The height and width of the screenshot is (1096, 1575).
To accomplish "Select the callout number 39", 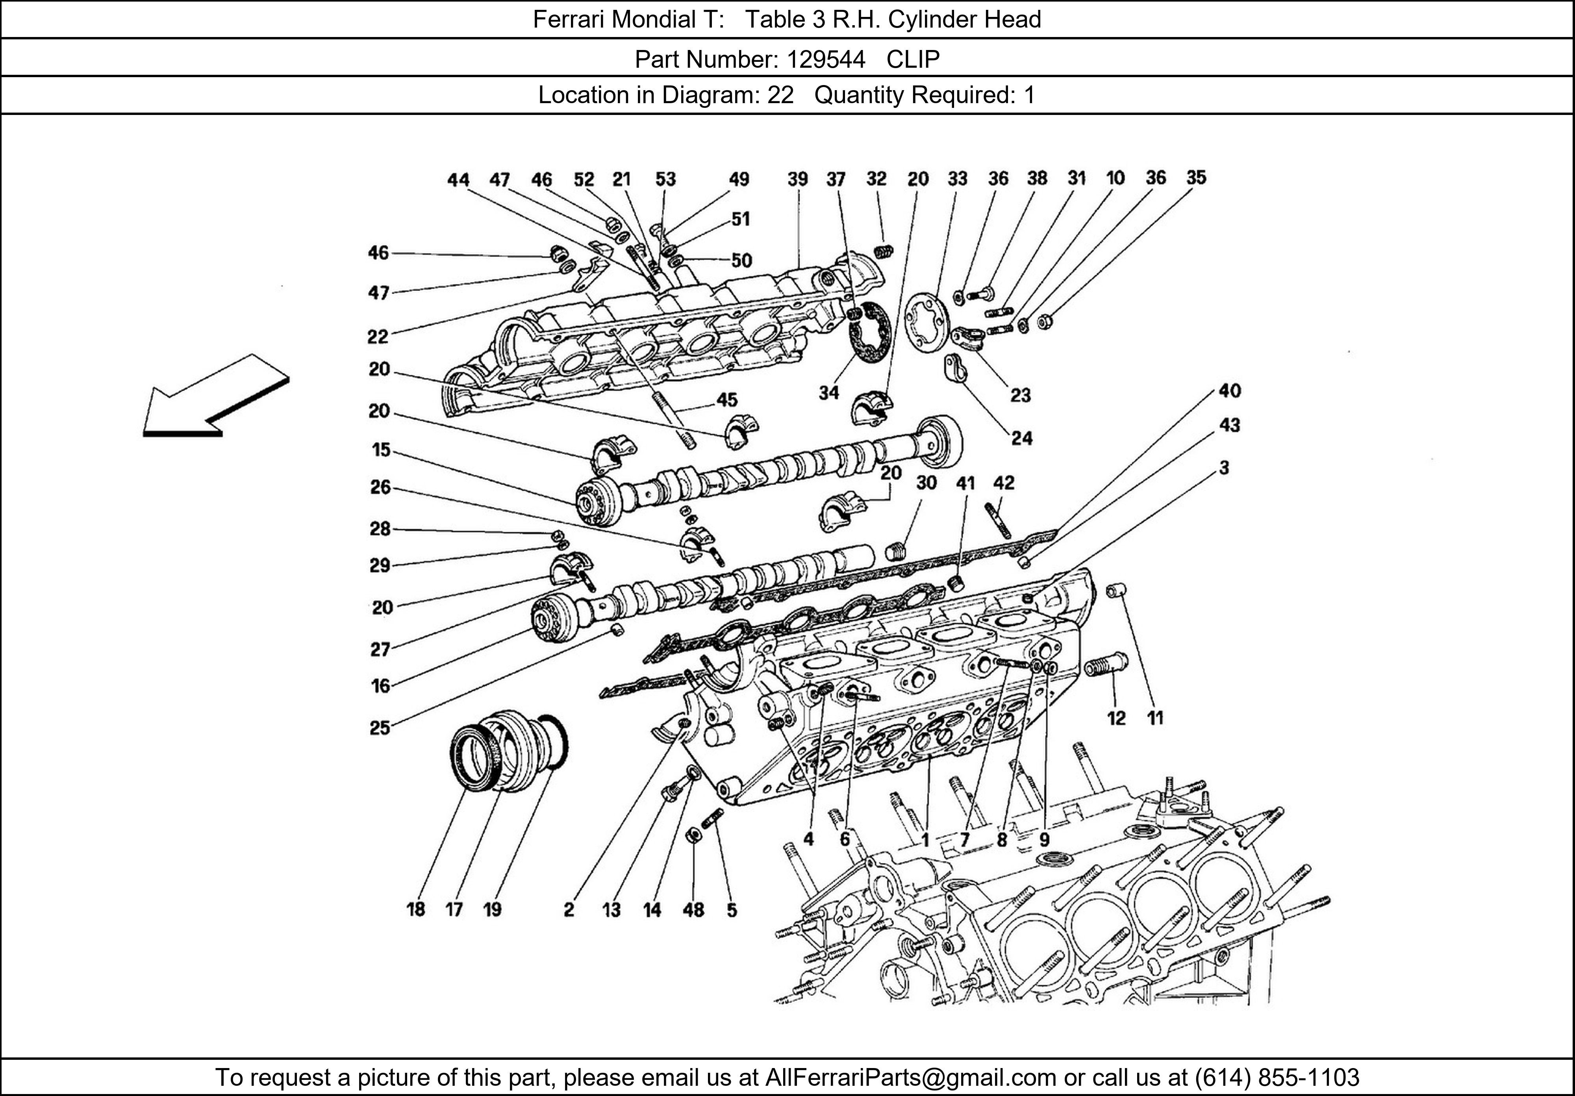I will [x=797, y=179].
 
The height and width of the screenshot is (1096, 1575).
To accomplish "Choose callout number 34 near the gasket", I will [x=829, y=393].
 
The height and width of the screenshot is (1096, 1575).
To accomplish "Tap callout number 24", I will [x=1021, y=438].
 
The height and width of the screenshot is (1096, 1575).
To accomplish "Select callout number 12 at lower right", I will [x=1116, y=718].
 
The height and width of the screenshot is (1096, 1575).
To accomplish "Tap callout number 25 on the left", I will [x=380, y=728].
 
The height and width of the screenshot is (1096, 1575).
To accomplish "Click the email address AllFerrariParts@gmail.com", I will [x=910, y=1077].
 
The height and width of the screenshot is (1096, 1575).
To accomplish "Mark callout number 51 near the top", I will [x=740, y=219].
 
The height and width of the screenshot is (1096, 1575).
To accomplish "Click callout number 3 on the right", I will [x=1224, y=468].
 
